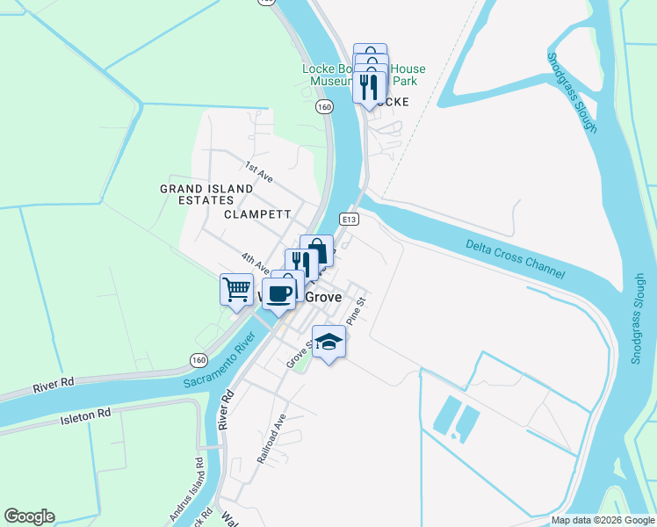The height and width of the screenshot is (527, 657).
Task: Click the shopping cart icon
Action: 236,289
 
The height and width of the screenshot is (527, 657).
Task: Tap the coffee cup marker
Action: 278,293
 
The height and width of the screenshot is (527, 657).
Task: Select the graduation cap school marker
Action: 328,342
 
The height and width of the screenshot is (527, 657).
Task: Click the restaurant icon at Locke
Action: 370,86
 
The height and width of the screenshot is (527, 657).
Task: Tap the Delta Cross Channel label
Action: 516,260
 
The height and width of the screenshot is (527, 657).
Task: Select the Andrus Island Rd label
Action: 199,480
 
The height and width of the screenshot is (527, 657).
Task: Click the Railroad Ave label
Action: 271,437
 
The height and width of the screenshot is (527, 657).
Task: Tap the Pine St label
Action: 355,311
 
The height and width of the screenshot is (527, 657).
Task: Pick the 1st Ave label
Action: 258,172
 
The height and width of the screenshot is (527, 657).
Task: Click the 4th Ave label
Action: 255,261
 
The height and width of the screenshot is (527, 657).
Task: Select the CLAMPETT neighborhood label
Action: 257,213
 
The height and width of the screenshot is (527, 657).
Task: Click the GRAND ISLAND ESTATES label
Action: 206,194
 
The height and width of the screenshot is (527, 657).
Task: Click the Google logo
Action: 30,516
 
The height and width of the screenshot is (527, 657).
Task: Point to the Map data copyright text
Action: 602,520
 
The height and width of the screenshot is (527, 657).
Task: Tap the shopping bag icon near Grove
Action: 317,251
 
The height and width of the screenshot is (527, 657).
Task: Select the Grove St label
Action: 299,357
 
